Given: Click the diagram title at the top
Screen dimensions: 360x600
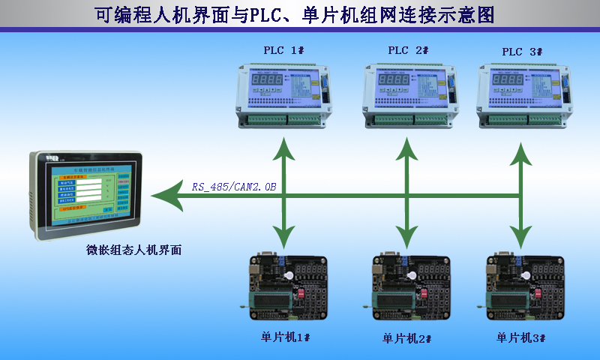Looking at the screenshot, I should (300, 14).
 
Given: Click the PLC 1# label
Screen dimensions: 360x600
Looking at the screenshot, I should (283, 50).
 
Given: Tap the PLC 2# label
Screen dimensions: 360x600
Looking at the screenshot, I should (407, 50).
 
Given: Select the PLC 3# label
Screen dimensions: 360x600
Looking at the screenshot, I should (522, 52).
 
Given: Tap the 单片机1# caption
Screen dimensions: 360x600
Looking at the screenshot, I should (280, 337).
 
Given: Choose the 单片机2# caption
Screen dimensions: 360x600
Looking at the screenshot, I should (407, 337).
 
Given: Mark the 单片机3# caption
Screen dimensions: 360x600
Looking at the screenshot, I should (520, 337).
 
